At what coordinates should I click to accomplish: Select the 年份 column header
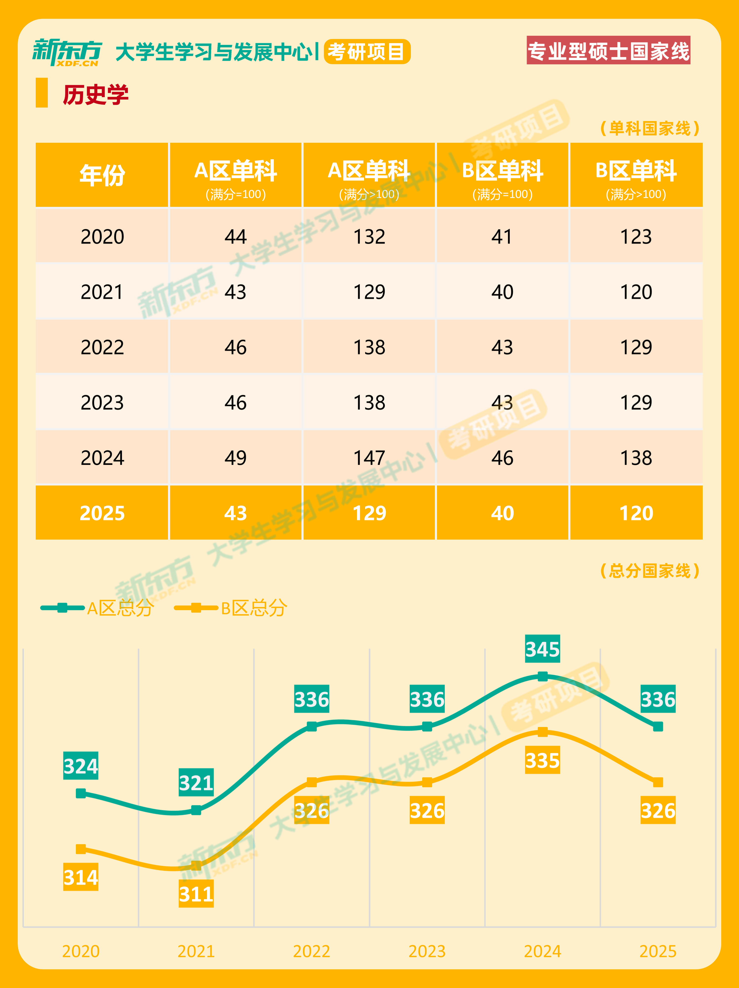point(102,175)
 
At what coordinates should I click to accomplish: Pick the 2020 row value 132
point(369,236)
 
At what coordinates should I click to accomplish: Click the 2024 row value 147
point(369,458)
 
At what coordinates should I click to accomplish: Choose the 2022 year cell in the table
point(102,347)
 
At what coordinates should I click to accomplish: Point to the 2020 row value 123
point(636,236)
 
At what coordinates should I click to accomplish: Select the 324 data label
point(81,766)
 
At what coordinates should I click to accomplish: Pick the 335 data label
point(542,760)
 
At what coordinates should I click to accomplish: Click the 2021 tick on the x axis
point(196,951)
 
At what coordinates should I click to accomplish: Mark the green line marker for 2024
point(542,676)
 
